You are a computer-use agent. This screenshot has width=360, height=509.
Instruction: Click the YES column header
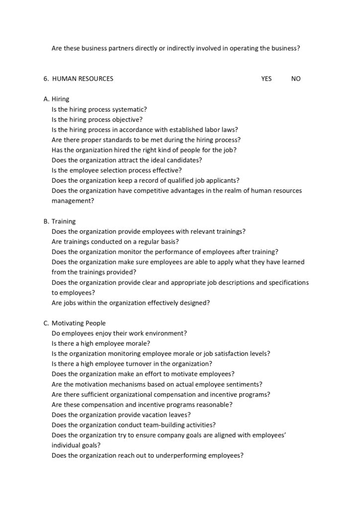[266, 79]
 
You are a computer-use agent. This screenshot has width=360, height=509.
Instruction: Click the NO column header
[296, 79]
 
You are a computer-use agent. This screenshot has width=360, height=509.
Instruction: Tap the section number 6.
[46, 79]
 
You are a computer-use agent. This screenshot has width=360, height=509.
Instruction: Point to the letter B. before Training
[46, 221]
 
